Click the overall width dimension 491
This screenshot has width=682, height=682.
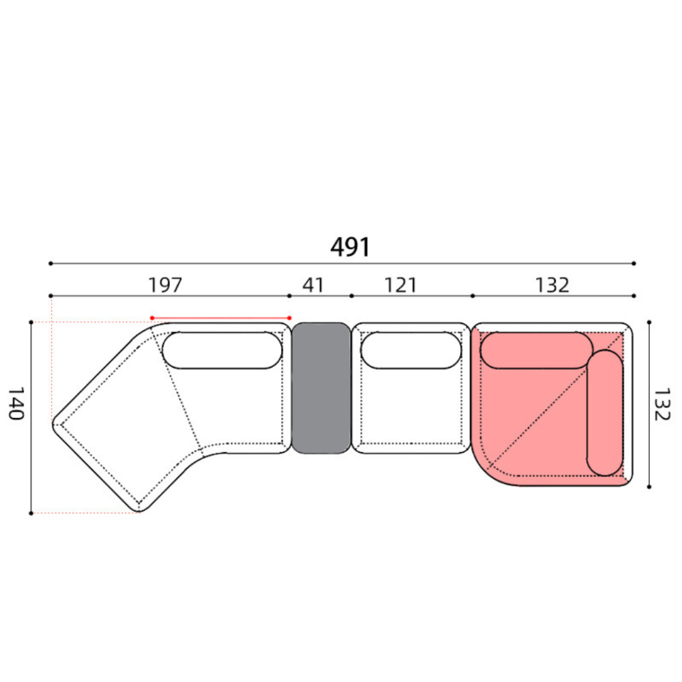click(350, 247)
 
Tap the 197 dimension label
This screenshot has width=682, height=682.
click(165, 285)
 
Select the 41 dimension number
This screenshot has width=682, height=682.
click(313, 285)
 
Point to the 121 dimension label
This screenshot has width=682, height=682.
click(400, 285)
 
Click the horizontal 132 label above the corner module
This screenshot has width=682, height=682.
click(552, 285)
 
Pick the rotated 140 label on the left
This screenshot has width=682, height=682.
click(16, 404)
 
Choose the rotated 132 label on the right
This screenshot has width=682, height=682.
click(662, 404)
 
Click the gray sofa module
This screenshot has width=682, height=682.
click(321, 388)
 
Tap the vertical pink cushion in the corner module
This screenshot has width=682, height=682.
click(605, 413)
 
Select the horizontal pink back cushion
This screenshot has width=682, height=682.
click(536, 350)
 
